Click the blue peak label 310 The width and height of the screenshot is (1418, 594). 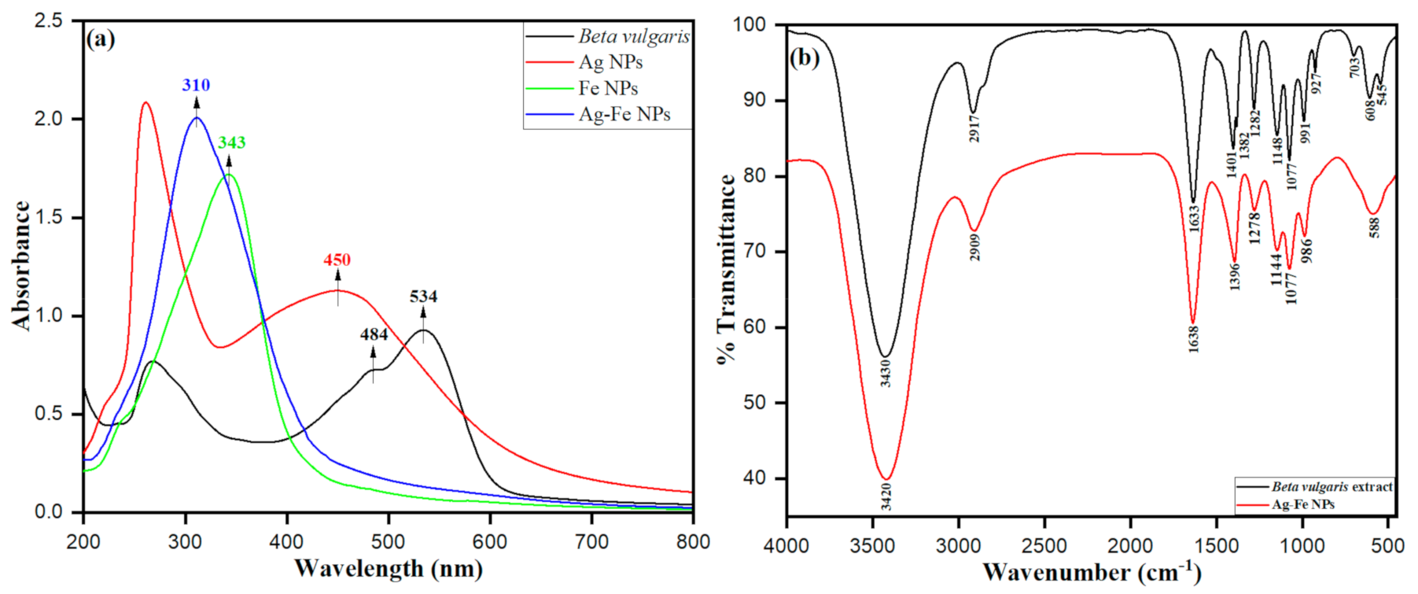pos(196,85)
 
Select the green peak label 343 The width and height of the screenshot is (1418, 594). pos(231,142)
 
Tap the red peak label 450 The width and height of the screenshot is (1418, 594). pos(337,260)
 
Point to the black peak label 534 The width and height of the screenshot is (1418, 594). pos(423,297)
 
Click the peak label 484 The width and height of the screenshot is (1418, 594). pos(374,334)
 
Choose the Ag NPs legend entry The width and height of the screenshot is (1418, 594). pos(610,61)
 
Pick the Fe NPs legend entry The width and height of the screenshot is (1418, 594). pos(607,88)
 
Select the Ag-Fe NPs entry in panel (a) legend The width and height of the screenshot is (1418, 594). pos(624,114)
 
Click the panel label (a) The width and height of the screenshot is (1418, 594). pos(101,39)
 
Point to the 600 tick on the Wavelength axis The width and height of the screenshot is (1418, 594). pos(490,541)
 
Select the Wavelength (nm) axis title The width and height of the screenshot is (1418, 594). pos(388,568)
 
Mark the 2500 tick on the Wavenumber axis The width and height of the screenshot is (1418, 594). pos(1044,546)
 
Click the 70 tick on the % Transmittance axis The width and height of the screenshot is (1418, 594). pos(755,252)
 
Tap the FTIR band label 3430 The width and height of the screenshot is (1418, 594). pos(886,372)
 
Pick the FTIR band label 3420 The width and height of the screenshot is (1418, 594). pos(886,496)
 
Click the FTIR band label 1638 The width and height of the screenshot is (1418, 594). pos(1193,339)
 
